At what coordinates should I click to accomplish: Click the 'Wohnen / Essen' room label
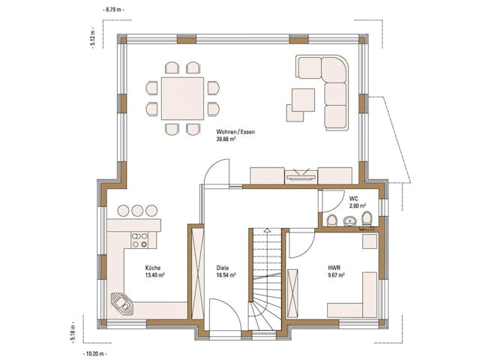tap(235, 132)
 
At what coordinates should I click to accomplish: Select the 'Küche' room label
tap(153, 268)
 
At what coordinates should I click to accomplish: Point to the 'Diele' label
tap(223, 268)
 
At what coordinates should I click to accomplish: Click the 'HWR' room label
tap(334, 268)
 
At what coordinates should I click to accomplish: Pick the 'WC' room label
tap(353, 198)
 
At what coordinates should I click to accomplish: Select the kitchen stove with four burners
tap(139, 240)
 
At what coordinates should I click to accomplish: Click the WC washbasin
tap(349, 220)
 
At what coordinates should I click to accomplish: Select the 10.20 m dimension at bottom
tap(95, 352)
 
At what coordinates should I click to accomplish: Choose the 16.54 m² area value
tap(226, 275)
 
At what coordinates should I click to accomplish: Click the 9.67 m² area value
tap(335, 275)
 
